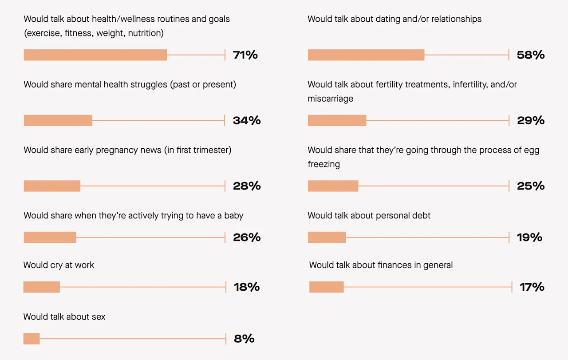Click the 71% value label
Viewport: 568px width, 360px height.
(245, 55)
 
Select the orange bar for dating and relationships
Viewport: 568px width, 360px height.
(366, 55)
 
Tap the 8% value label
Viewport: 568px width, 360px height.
(244, 339)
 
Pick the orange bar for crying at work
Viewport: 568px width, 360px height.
(42, 287)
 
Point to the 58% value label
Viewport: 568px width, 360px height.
(531, 55)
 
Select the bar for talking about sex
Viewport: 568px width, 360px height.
(32, 339)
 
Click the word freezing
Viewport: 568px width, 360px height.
(324, 164)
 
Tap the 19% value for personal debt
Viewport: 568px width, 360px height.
(529, 237)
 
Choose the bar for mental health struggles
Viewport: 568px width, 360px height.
(58, 121)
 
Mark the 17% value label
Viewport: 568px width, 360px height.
(532, 287)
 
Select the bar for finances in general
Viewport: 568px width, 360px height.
(327, 287)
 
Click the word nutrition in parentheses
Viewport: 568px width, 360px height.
(144, 33)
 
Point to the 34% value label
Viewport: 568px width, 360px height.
(247, 121)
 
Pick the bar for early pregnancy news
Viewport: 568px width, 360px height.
(52, 186)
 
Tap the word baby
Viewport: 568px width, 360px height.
(234, 216)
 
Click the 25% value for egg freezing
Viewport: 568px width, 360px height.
(531, 186)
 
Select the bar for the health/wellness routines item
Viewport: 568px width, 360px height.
(95, 55)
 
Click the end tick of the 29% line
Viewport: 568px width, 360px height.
(509, 121)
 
